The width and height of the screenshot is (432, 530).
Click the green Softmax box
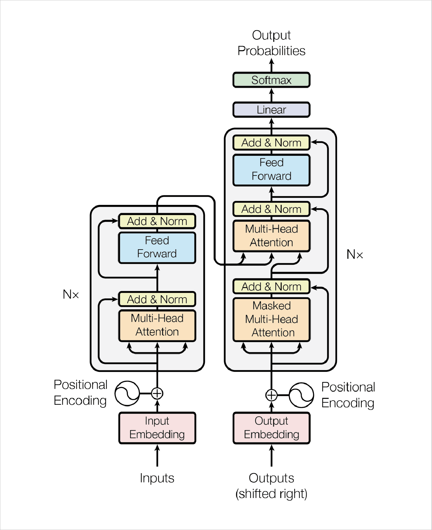point(271,80)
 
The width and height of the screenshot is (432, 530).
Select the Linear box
point(271,110)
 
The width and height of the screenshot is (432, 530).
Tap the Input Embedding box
point(157,428)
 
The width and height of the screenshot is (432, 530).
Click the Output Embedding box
point(271,428)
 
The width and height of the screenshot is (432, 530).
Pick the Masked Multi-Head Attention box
point(271,319)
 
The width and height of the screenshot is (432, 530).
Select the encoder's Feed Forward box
point(157,248)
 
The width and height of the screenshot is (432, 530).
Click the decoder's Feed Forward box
point(271,170)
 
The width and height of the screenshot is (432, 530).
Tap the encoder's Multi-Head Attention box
point(157,325)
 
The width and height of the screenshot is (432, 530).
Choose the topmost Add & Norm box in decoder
point(271,143)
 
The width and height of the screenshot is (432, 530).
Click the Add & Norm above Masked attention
point(271,287)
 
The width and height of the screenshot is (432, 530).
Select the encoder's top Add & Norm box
point(157,221)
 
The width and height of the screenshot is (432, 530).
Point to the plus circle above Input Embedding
point(157,394)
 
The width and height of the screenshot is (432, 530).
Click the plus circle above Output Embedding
point(271,395)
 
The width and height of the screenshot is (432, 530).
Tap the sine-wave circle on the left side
point(127,394)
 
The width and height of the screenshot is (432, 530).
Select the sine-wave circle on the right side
point(301,395)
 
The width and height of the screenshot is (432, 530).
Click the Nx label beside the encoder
point(71,295)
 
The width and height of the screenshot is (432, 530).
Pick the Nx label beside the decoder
point(354,254)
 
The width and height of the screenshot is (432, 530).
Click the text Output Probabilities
point(271,43)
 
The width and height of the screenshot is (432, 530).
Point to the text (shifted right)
point(271,494)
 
